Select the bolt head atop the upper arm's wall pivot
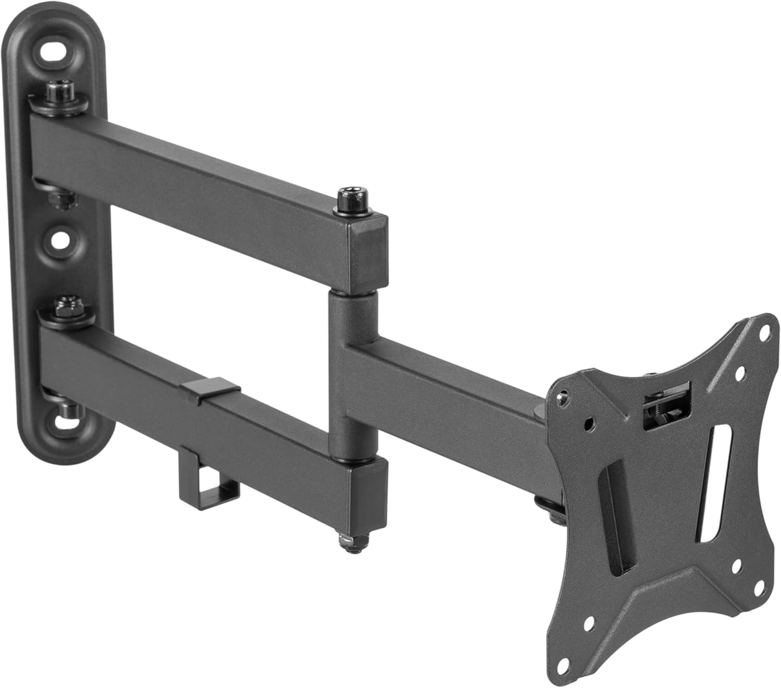tap(54, 91)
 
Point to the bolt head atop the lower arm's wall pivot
tap(66, 307)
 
